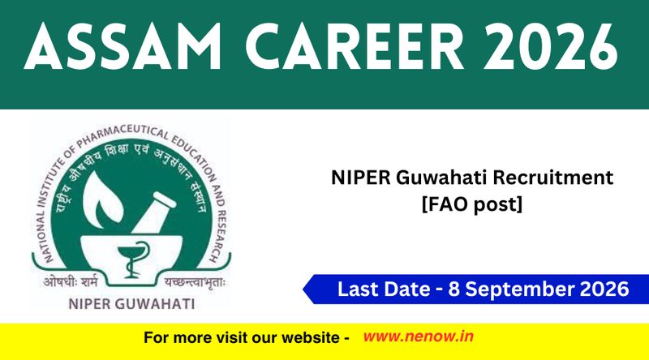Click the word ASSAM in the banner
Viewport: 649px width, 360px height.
pos(122,46)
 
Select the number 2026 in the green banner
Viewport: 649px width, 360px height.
pos(552,46)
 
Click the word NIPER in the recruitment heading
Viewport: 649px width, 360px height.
pos(360,178)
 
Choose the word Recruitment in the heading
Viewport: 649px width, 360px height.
pos(553,178)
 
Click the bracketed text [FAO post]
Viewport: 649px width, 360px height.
pos(472,204)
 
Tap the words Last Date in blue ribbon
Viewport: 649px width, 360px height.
pos(384,289)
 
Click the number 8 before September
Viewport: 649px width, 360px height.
pos(454,289)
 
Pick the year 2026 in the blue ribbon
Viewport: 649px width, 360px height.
pos(604,289)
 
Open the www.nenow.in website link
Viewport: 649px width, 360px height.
pos(418,336)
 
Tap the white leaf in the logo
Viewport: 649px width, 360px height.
pos(101,199)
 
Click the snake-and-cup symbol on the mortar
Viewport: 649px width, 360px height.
pos(132,259)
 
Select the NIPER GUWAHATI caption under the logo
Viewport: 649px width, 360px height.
pos(131,304)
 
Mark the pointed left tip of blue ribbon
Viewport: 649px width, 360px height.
pos(303,289)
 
